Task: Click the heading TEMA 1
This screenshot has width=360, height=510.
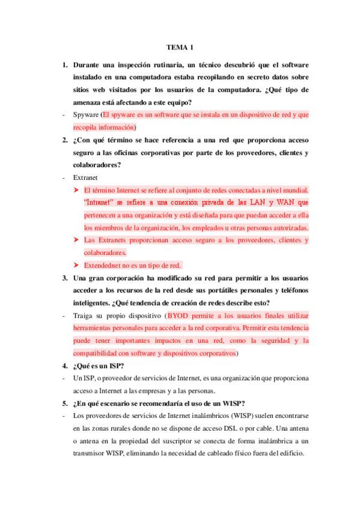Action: click(180, 48)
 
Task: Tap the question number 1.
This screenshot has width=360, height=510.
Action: click(64, 64)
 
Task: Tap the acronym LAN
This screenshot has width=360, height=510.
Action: click(260, 202)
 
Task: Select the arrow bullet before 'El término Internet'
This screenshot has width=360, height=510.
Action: click(76, 189)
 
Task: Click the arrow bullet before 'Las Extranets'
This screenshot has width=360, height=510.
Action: click(76, 241)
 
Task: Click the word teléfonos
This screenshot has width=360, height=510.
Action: click(290, 290)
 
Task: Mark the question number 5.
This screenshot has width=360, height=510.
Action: click(64, 403)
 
